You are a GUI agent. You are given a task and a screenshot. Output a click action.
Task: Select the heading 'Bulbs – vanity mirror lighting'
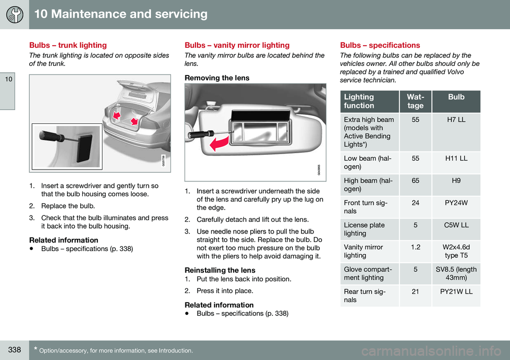pyautogui.click(x=236, y=45)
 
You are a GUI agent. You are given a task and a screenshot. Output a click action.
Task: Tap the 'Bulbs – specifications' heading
pyautogui.click(x=380, y=45)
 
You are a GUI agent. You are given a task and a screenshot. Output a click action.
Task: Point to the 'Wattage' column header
pyautogui.click(x=415, y=101)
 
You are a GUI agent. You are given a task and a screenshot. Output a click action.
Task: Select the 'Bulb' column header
pyautogui.click(x=456, y=97)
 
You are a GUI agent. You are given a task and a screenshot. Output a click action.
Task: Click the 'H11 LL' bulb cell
pyautogui.click(x=456, y=158)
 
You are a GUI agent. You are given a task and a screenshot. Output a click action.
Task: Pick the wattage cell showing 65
pyautogui.click(x=415, y=181)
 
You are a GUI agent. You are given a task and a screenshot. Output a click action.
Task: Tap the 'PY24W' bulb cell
pyautogui.click(x=456, y=203)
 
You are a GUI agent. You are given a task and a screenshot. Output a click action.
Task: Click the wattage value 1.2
pyautogui.click(x=415, y=248)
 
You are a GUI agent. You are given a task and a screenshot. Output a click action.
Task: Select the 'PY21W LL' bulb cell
pyautogui.click(x=456, y=292)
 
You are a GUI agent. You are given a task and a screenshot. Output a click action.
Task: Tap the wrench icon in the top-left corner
pyautogui.click(x=14, y=14)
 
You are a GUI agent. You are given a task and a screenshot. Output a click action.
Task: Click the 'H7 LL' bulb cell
pyautogui.click(x=456, y=120)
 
